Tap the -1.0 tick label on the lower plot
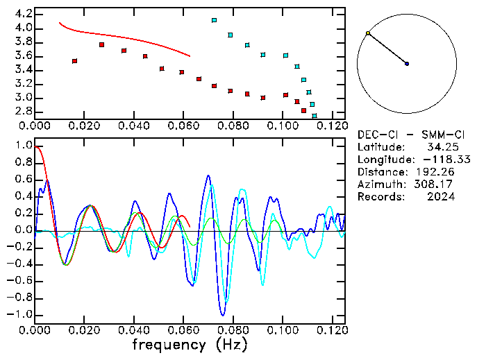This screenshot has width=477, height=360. coord(21,314)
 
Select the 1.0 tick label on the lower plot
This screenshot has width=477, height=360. coord(23,146)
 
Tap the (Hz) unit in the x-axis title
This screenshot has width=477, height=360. coord(231,345)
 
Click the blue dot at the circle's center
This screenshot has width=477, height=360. coord(407,64)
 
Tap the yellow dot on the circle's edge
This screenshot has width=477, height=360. coord(368,33)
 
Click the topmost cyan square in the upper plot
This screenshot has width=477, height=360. coord(214,21)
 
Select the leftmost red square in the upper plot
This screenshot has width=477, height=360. coord(74,61)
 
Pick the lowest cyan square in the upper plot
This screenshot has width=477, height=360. coord(315,117)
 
